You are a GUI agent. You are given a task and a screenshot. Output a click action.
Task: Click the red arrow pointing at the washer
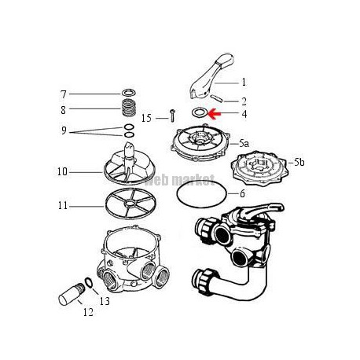point(215,114)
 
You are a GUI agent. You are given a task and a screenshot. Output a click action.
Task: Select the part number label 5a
point(244,143)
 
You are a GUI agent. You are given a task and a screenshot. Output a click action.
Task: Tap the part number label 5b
point(299,163)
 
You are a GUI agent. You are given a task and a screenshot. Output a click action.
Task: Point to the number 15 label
point(146,118)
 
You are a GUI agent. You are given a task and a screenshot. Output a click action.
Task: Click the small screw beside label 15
point(172,116)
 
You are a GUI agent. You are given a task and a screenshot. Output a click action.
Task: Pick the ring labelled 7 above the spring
point(129,93)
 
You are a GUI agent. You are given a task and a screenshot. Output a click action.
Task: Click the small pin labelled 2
point(217,98)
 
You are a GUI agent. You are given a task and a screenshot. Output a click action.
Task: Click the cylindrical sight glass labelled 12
point(72,295)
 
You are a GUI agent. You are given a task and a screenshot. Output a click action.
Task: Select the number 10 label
point(62,172)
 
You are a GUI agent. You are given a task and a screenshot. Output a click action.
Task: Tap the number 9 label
point(64,130)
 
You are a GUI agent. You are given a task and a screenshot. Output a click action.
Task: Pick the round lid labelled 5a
point(200,143)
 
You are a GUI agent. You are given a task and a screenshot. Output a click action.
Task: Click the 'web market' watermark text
point(180,180)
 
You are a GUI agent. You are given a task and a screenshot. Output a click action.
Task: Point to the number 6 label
point(242,193)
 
